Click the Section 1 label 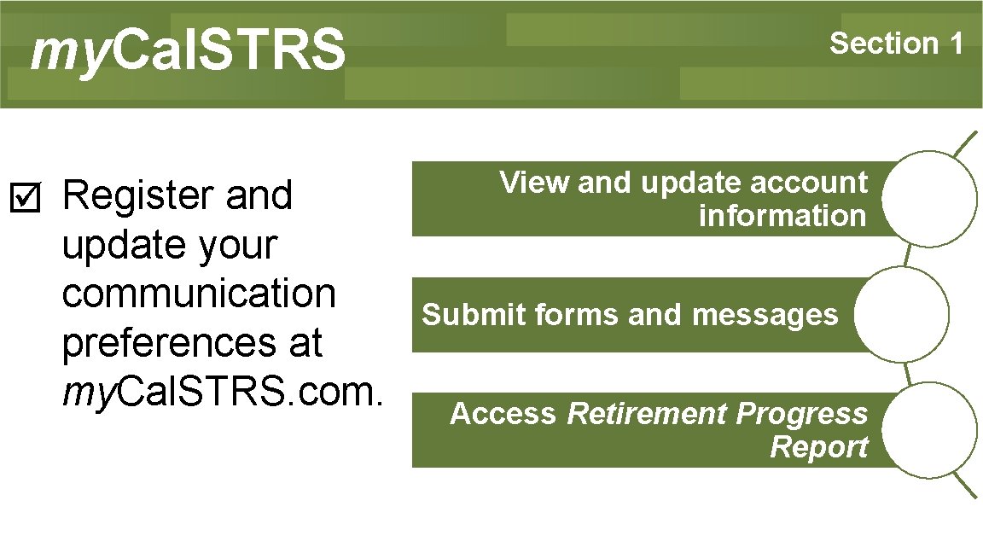[896, 43]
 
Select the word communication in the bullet [199, 294]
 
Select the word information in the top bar [782, 216]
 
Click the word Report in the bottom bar [818, 446]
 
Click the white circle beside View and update [928, 199]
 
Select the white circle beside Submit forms [900, 314]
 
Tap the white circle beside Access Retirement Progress [928, 429]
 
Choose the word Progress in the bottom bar [801, 414]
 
